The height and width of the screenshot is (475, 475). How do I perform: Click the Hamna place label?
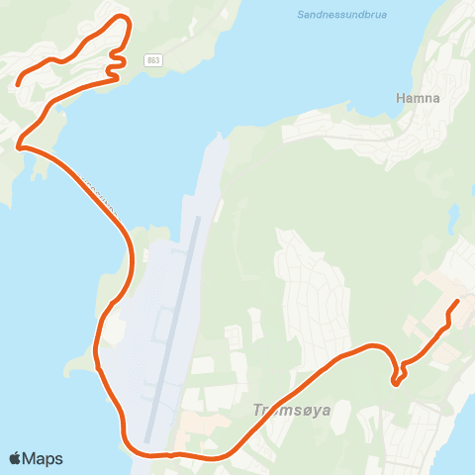pos(417,99)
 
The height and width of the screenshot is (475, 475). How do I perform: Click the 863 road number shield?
pos(152,60)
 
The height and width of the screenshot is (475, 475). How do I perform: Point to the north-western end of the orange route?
pos(18,85)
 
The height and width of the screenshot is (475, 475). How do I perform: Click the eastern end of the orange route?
pos(457,301)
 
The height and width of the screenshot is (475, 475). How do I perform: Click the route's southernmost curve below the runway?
pos(148,454)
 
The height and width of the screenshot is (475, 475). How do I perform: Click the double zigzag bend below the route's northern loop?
pos(117,66)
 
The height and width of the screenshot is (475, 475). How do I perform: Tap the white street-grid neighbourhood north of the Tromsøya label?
pos(312,287)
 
